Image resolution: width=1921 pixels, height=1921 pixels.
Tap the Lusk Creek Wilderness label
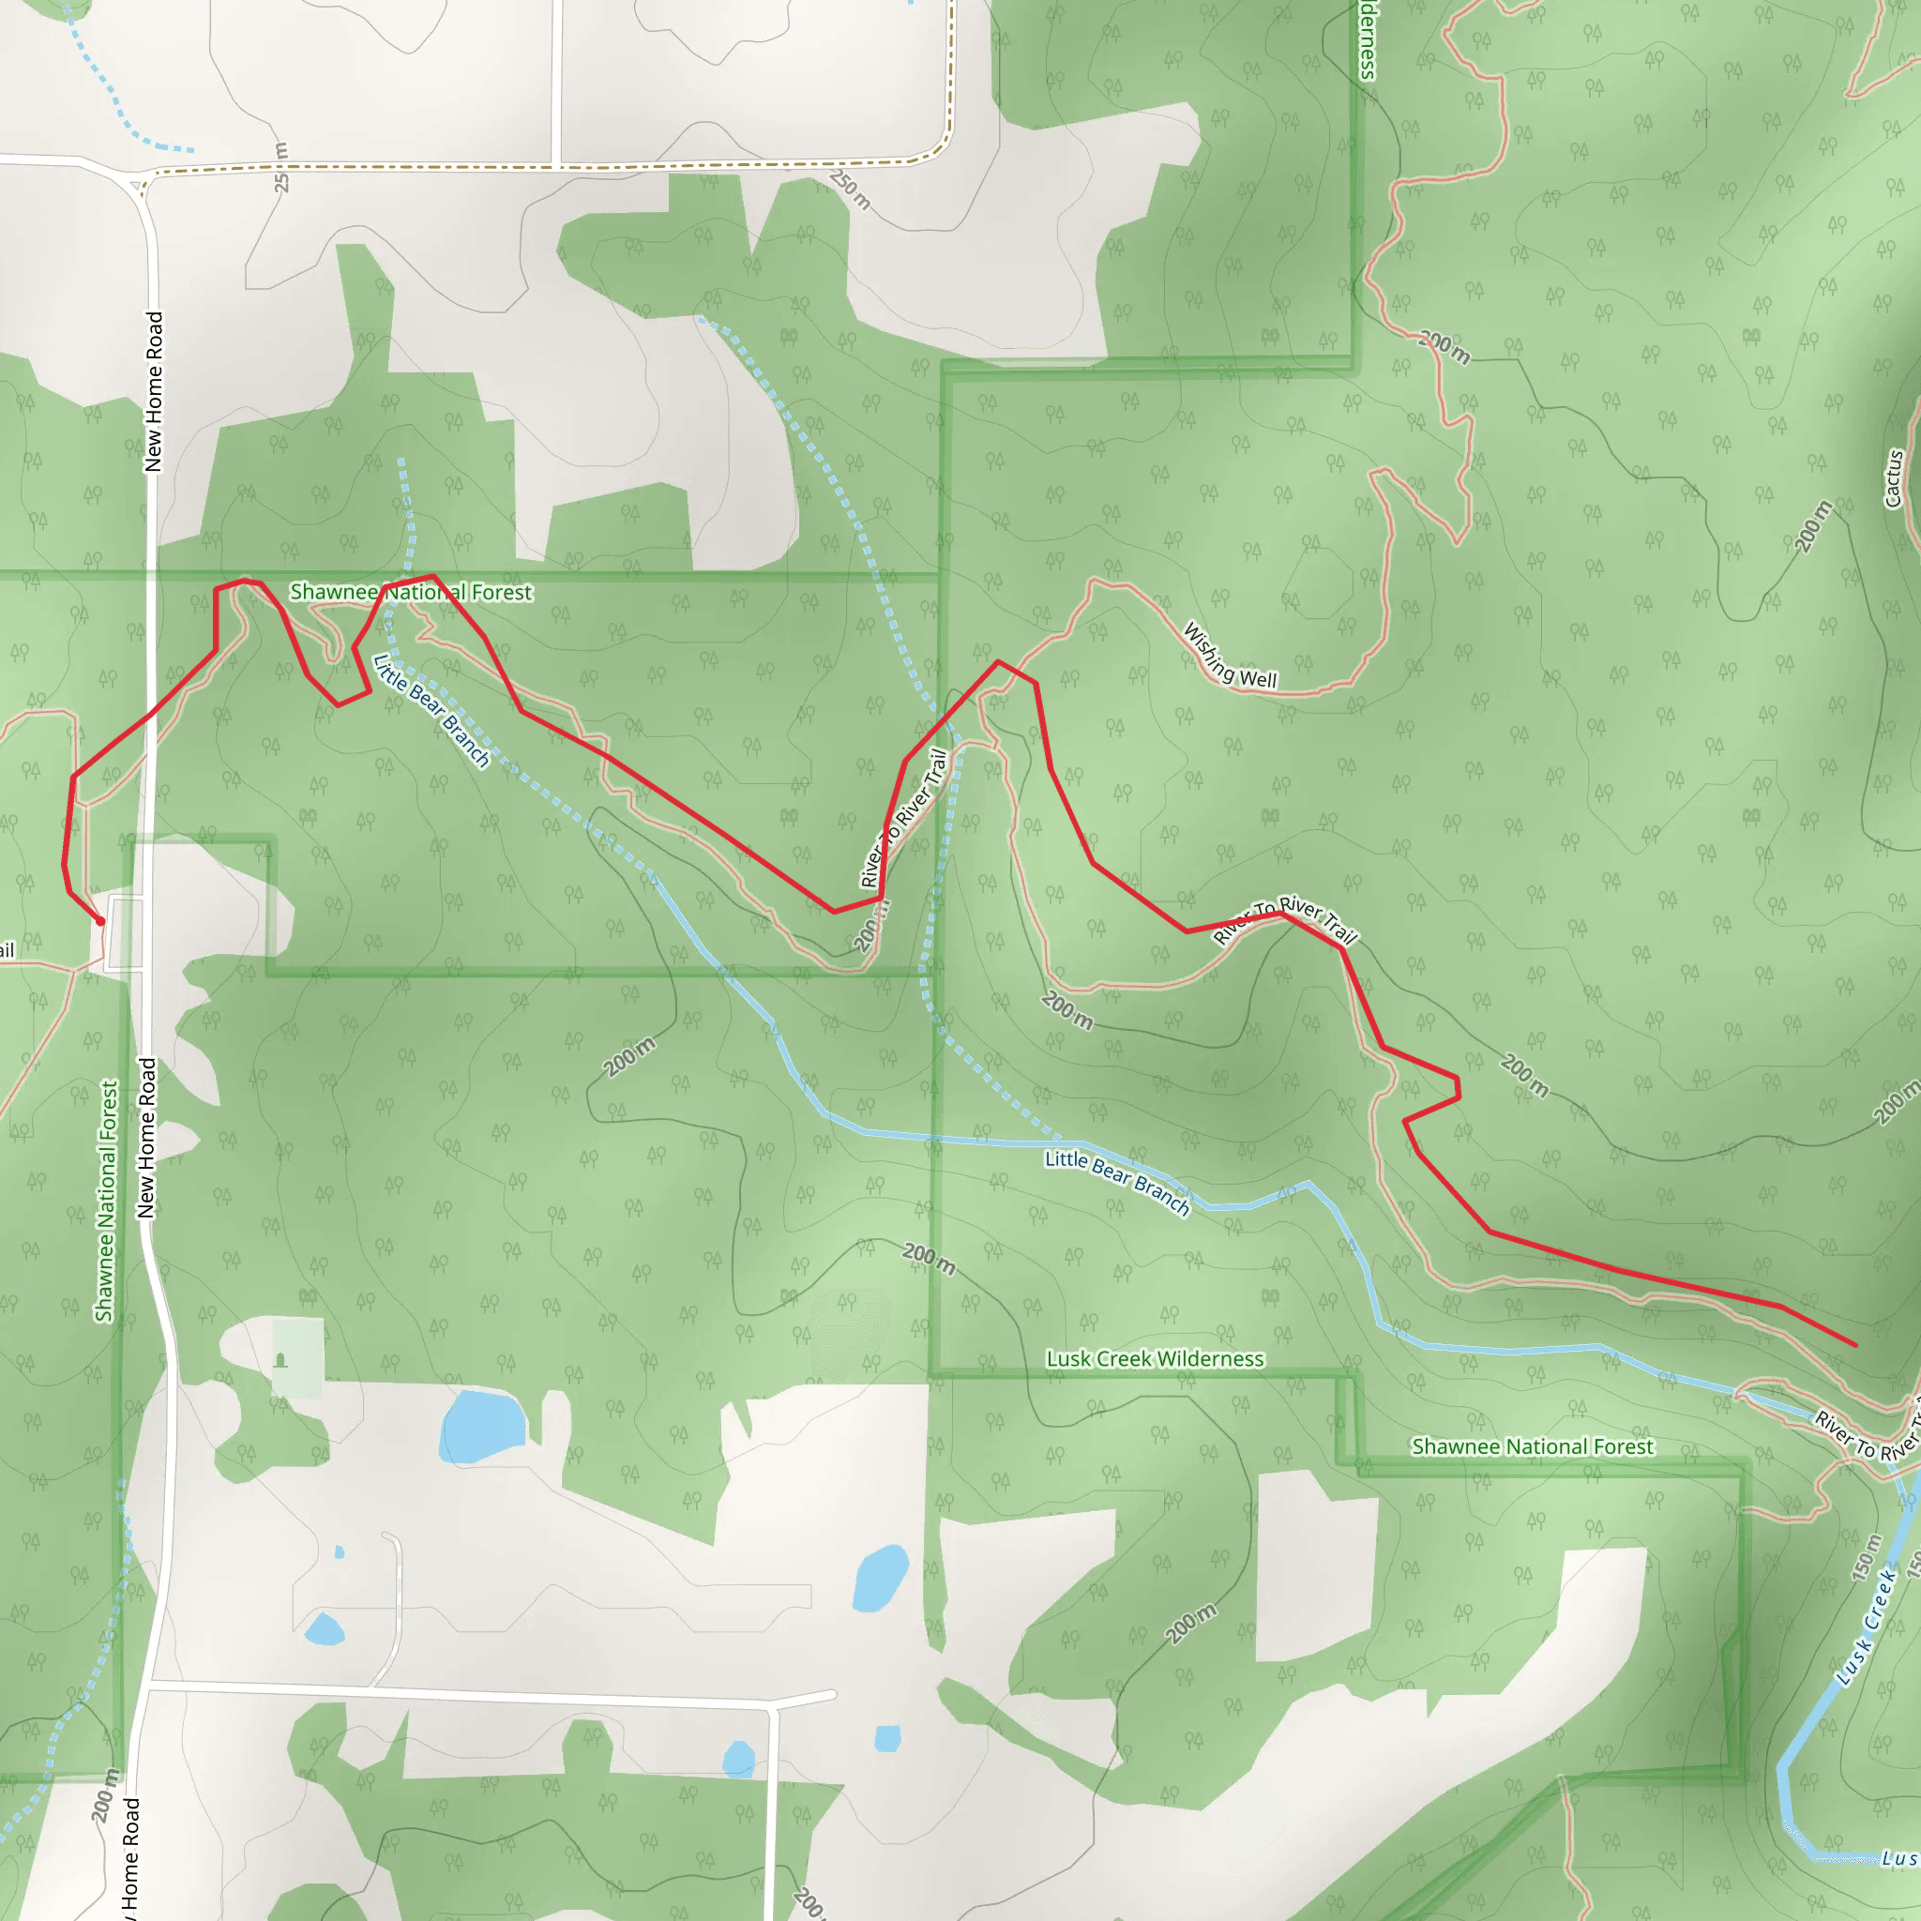1155,1358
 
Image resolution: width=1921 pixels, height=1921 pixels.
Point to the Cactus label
1893,479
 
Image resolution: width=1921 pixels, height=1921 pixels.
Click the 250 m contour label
850,189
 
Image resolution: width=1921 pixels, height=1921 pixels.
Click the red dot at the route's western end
99,921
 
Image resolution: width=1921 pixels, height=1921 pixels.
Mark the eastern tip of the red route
1855,1345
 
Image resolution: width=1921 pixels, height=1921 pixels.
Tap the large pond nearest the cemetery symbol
482,1426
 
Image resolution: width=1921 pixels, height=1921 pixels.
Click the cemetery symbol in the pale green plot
280,1360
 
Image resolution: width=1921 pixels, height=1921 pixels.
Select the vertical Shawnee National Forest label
106,1202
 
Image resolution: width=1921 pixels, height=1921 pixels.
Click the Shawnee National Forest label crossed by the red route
411,593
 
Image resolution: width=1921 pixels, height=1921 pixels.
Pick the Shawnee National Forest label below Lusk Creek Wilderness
1533,1446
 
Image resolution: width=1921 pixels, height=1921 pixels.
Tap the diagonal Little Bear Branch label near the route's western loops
431,710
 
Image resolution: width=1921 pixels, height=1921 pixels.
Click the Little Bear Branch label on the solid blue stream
1116,1182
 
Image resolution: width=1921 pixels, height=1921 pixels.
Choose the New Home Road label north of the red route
153,392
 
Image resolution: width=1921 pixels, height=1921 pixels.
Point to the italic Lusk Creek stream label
1867,1627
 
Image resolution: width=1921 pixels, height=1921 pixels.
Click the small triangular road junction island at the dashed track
136,184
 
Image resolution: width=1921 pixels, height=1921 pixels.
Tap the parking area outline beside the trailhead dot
126,931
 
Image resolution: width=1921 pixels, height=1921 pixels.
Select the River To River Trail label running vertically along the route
904,817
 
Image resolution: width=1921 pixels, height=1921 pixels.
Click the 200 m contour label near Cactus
1811,526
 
